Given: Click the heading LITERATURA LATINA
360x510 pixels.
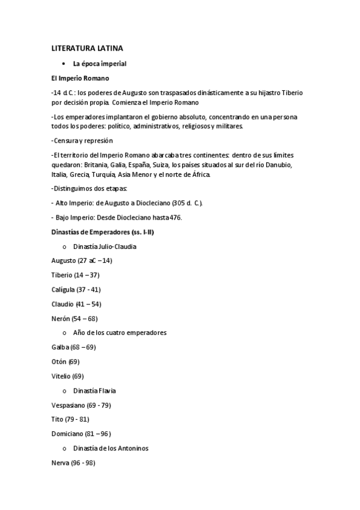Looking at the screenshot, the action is coord(87,48).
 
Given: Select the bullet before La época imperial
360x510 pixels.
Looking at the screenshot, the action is coord(63,63).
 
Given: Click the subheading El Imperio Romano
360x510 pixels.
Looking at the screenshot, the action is coord(80,78).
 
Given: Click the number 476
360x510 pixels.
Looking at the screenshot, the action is coord(175,218).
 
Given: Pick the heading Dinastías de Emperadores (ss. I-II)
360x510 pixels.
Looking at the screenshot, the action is coord(102,232).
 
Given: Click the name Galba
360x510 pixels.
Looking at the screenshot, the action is coord(61,347).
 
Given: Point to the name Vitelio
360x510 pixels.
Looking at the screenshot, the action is coord(61,376).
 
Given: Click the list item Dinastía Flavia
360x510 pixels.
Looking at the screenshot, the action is coord(99,390).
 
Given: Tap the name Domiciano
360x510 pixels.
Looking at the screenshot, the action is coord(67,434).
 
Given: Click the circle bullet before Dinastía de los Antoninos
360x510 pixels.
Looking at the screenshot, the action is coord(64,449).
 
